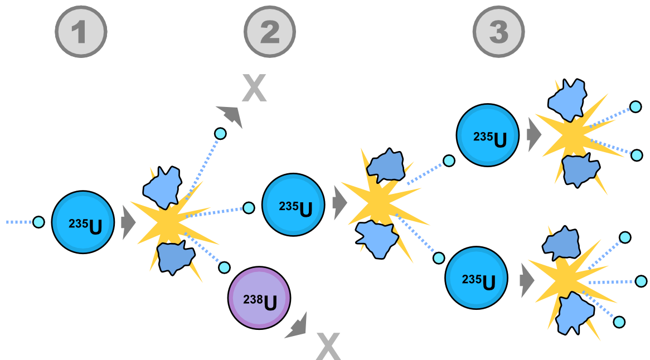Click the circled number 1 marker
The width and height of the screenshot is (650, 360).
[80, 32]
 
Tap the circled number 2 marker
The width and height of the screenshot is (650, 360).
[270, 32]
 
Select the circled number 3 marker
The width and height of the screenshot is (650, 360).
[498, 32]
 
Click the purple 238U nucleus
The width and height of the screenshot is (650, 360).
[259, 298]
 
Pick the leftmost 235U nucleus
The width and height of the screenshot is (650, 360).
[83, 222]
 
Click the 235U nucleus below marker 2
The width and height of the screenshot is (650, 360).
[293, 205]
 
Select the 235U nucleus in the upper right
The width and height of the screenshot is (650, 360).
[488, 135]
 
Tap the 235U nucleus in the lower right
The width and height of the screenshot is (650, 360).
[476, 278]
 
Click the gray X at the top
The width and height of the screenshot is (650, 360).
[254, 88]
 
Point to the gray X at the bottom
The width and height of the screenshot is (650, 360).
[328, 346]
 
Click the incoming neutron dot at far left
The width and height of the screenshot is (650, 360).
[38, 222]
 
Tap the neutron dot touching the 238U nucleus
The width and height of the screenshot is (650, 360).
[224, 267]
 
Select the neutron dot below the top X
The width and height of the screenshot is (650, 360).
[220, 134]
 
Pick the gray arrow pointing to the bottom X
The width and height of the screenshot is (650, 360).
[297, 327]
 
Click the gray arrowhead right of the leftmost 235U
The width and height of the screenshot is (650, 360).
[128, 222]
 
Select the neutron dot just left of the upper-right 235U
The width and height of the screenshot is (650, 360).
[449, 160]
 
